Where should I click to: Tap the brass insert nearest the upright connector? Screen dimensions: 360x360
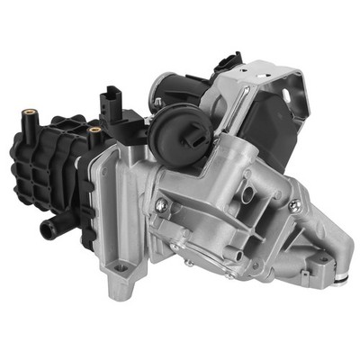tap(94, 132)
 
